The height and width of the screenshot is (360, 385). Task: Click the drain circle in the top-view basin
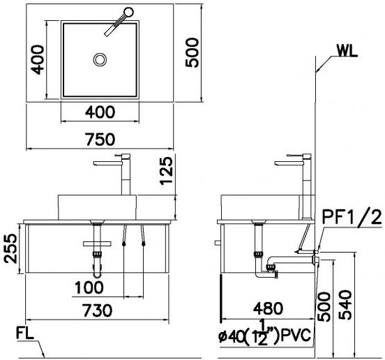(x=100, y=59)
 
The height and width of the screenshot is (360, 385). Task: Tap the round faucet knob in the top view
(x=127, y=12)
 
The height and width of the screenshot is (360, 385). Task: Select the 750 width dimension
(x=102, y=139)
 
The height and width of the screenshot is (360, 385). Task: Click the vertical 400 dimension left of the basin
(x=38, y=59)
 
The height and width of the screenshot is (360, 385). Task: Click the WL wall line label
(x=348, y=51)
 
